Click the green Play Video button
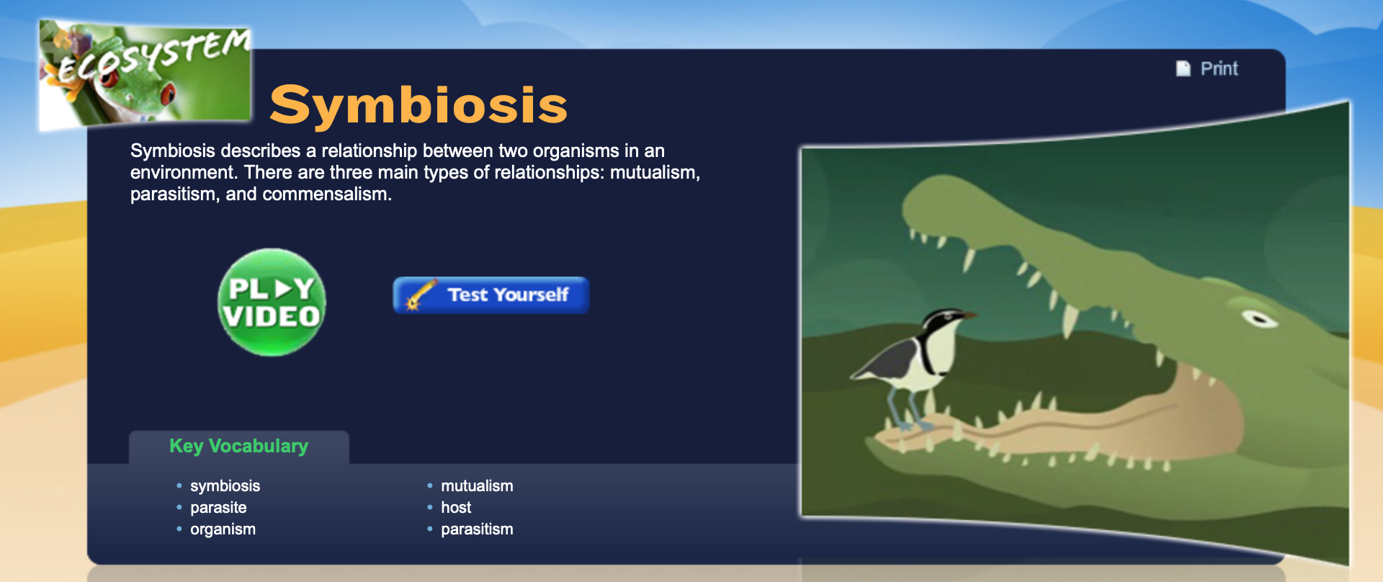(272, 303)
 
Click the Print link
(1219, 68)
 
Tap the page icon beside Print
(1183, 68)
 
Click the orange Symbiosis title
(419, 105)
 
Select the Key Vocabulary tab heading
(238, 447)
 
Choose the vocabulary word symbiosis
(225, 486)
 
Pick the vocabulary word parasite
(218, 508)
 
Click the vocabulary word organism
(223, 529)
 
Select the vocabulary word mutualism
(477, 486)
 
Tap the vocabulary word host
(456, 508)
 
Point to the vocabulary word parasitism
(477, 529)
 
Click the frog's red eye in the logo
(168, 93)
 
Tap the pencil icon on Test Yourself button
(421, 295)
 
